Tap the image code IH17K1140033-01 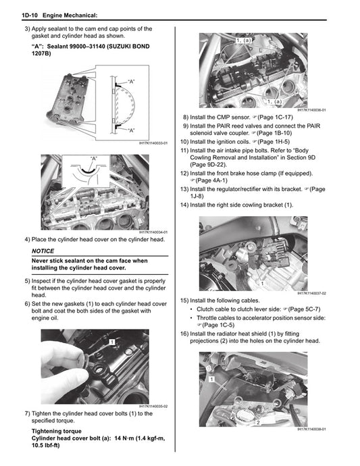(x=153, y=143)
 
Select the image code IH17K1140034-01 (x=153, y=232)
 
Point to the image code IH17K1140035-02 (x=153, y=405)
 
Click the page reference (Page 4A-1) (x=213, y=180)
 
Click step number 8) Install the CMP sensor (x=186, y=117)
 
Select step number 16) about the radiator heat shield (x=184, y=334)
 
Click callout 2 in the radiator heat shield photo (x=258, y=421)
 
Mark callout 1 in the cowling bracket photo (x=261, y=284)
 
